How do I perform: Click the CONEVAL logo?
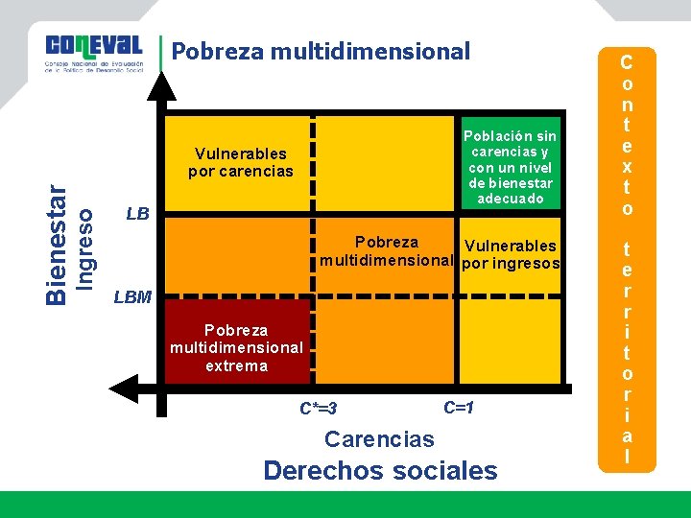click(x=94, y=53)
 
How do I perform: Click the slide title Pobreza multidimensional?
click(x=321, y=51)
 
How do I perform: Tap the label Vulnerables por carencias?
click(x=240, y=162)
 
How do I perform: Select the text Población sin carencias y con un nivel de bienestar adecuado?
click(x=508, y=167)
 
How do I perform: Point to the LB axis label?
click(x=138, y=214)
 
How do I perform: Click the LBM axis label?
click(x=132, y=296)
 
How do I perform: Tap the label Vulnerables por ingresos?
click(x=511, y=254)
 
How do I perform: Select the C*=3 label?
click(x=318, y=409)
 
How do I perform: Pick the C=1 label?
click(x=460, y=407)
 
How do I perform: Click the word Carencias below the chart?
click(x=379, y=439)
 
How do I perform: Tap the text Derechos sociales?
click(x=380, y=471)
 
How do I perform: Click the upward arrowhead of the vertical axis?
click(x=164, y=85)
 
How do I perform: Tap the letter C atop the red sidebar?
click(x=626, y=62)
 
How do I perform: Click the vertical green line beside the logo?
click(x=160, y=56)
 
